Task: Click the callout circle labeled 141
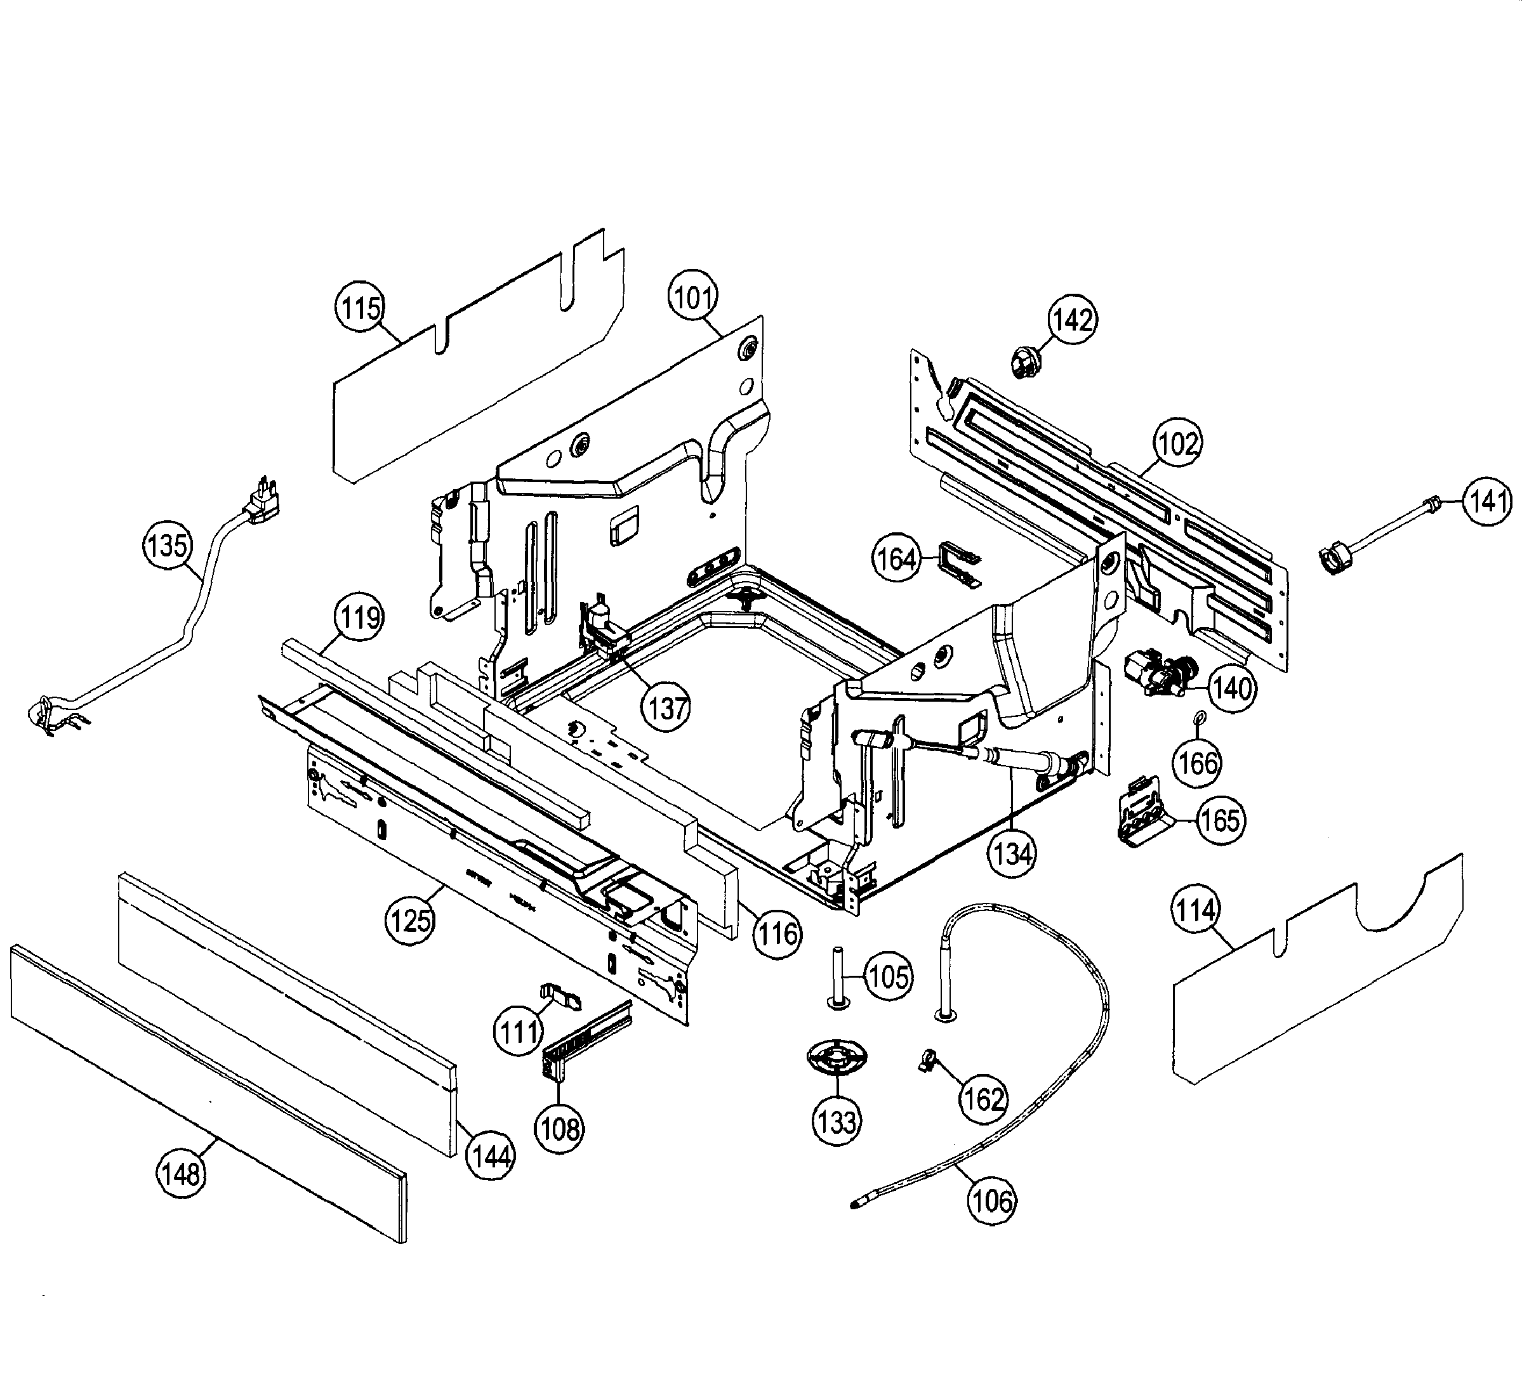1487,501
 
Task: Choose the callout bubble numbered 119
359,617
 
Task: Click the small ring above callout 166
1198,716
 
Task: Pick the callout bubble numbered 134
1012,855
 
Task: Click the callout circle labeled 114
1196,911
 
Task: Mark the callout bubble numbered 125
411,920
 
